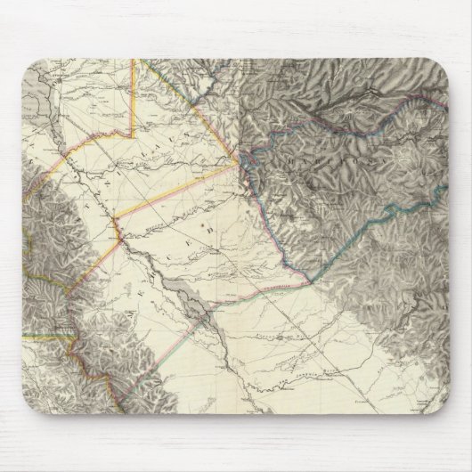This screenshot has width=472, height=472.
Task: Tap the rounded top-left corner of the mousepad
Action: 31,66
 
